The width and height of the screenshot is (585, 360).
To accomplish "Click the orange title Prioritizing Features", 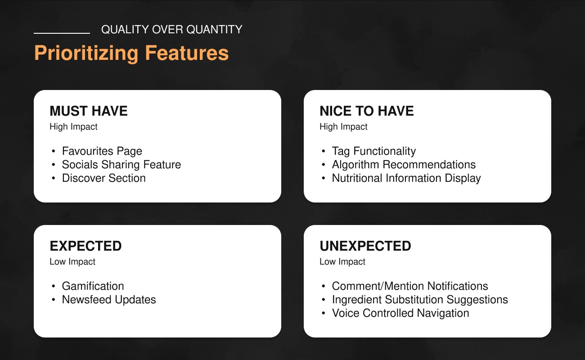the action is [x=131, y=53].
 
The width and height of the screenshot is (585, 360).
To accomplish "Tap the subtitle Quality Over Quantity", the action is [x=172, y=30].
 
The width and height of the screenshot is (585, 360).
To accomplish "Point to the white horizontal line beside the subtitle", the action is [x=62, y=33].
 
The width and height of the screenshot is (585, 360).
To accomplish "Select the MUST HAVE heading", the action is [x=89, y=111].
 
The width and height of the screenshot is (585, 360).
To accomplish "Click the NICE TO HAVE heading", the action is [x=367, y=111].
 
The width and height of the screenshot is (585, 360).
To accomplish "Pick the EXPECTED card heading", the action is [x=85, y=246].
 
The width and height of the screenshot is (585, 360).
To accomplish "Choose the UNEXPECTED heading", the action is [x=365, y=246].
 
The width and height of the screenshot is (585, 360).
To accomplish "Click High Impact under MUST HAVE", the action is [x=73, y=127].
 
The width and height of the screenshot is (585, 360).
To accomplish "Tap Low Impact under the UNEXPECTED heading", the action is [x=342, y=262].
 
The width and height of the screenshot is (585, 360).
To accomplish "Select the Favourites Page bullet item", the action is [x=102, y=151].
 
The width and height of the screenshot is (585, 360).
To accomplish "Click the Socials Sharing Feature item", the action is [x=121, y=165].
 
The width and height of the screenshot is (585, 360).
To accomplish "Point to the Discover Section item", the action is [x=103, y=178].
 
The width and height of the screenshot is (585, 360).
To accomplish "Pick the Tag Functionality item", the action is [x=373, y=151].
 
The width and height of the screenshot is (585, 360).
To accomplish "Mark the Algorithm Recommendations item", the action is [x=404, y=165].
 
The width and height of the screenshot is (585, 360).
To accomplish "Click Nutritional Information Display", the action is [x=406, y=179].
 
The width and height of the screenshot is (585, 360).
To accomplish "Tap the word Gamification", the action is [x=93, y=286].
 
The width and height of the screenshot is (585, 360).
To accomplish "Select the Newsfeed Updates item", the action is [x=109, y=300].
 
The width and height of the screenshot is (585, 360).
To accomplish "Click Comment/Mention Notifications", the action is [x=410, y=286].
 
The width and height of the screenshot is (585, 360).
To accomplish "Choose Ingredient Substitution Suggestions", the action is [x=420, y=300].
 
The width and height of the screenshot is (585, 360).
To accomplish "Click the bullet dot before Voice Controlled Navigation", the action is [x=324, y=313].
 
